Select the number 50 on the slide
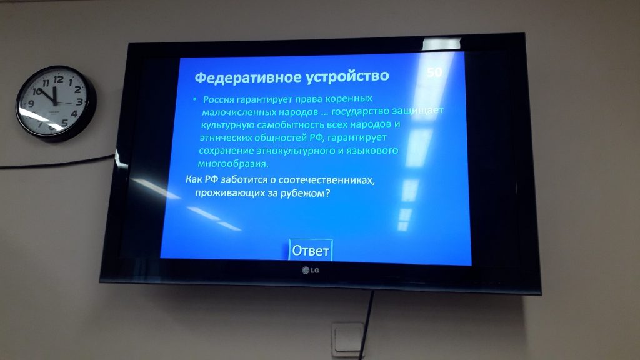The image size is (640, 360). (x=434, y=72)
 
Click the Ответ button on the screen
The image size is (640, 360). (x=311, y=250)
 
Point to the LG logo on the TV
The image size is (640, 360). (x=311, y=270)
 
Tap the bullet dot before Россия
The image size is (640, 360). (x=195, y=99)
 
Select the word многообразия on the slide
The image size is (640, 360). (x=233, y=164)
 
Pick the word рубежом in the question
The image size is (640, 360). (x=305, y=193)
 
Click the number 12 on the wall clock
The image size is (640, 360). (x=58, y=79)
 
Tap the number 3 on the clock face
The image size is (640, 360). (x=79, y=101)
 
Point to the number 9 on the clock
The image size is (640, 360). (x=31, y=103)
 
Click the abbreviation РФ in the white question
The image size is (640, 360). (x=211, y=179)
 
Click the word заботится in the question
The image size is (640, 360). (x=243, y=179)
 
